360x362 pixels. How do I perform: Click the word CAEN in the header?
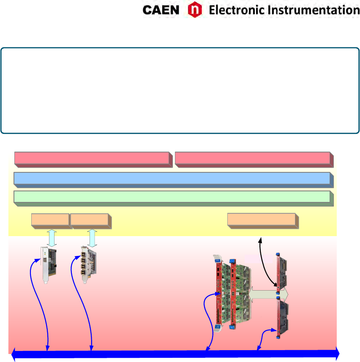161,10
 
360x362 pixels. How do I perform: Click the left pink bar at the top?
92,158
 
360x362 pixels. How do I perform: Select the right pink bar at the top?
252,158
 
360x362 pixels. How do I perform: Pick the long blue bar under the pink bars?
172,178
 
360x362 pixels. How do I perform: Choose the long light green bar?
172,197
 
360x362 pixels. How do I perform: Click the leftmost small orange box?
50,220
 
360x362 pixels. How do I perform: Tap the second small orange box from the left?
89,220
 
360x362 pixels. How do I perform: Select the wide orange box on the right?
261,220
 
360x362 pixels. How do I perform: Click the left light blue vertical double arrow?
51,238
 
